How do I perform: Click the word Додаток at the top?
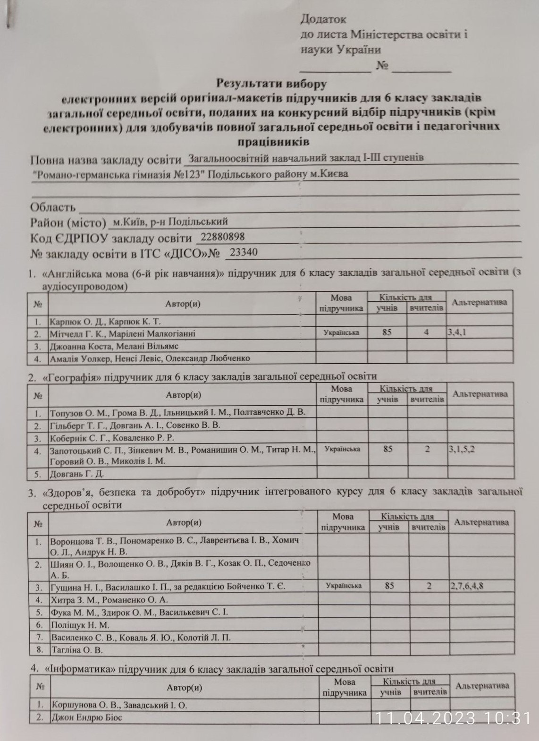coord(323,19)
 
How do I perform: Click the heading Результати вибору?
coord(271,84)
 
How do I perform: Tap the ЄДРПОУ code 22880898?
coord(222,237)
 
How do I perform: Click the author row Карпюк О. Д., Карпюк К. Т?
coord(105,322)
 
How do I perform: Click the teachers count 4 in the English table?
coord(426,332)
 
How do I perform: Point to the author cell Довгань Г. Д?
coord(77,473)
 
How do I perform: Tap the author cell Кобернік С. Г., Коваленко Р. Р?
coord(112,437)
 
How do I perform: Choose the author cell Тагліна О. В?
coord(76,650)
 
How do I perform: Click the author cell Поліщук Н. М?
coord(80,625)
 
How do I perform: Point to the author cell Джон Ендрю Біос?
coord(87,717)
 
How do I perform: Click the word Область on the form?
coord(52,207)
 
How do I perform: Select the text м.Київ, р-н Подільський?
coord(168,221)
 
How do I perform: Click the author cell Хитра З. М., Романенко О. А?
coord(109,600)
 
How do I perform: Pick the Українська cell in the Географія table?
coord(342,449)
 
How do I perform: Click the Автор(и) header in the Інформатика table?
coord(184,687)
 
